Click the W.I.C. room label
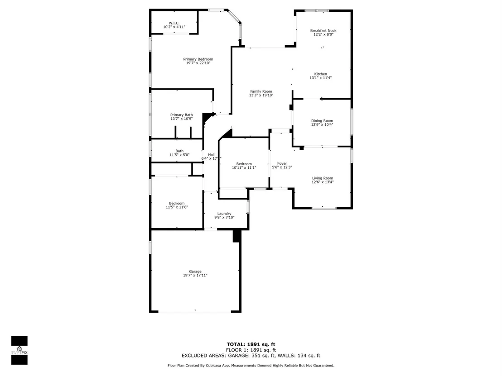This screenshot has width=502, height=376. [174, 23]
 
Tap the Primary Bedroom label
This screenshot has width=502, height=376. [198, 59]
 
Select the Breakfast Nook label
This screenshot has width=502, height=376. [323, 31]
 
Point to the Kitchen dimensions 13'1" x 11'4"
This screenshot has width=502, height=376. [320, 78]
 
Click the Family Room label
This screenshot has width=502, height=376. [261, 91]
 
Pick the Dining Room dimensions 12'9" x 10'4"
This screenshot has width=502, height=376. [322, 125]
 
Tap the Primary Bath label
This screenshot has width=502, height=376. [182, 115]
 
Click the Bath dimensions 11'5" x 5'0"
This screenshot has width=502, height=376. [179, 155]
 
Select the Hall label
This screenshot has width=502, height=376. [211, 155]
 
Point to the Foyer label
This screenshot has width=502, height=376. [282, 163]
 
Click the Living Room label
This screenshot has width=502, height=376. [323, 178]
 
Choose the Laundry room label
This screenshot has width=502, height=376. [224, 214]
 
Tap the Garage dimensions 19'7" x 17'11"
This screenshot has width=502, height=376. [195, 275]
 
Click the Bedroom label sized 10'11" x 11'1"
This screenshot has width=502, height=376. [244, 164]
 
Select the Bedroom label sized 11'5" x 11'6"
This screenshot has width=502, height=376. [177, 203]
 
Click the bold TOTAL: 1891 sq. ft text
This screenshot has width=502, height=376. [251, 344]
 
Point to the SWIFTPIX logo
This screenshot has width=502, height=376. [19, 350]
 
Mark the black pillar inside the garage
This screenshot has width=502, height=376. [236, 236]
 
